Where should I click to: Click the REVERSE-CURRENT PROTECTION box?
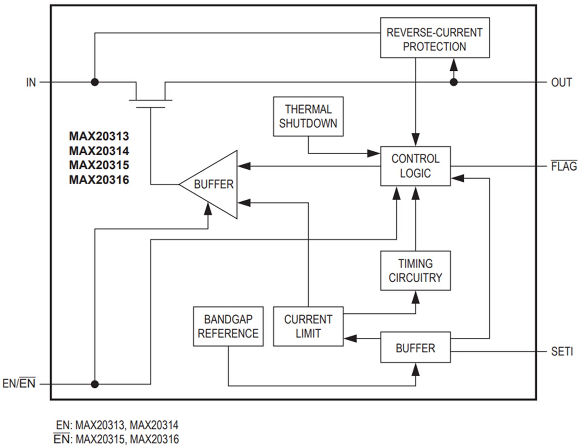pyautogui.click(x=435, y=40)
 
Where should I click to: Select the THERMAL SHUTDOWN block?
pyautogui.click(x=308, y=116)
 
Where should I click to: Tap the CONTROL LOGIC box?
pyautogui.click(x=415, y=166)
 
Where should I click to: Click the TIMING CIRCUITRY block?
pyautogui.click(x=415, y=271)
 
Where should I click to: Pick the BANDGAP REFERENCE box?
pyautogui.click(x=228, y=326)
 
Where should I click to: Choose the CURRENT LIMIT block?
pyautogui.click(x=308, y=326)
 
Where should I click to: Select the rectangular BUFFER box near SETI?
pyautogui.click(x=415, y=348)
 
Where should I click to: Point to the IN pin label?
pyautogui.click(x=31, y=82)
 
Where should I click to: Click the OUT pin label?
pyautogui.click(x=561, y=82)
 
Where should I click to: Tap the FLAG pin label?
pyautogui.click(x=564, y=166)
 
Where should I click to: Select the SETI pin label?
pyautogui.click(x=562, y=351)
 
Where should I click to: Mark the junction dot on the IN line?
pyautogui.click(x=95, y=82)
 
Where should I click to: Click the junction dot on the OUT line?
pyautogui.click(x=453, y=82)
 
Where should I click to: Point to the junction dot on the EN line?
pyautogui.click(x=95, y=384)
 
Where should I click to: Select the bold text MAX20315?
pyautogui.click(x=99, y=165)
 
